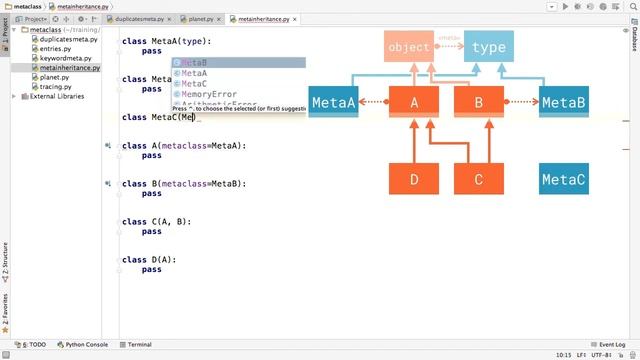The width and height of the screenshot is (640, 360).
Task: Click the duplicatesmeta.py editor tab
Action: (139, 18)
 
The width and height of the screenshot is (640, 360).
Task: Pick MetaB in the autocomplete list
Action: (194, 63)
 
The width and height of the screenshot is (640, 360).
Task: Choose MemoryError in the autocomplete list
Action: (209, 94)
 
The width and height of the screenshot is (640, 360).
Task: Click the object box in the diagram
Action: (409, 47)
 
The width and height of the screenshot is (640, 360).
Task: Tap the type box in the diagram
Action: (488, 47)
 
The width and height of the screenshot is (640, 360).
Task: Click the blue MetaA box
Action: (333, 102)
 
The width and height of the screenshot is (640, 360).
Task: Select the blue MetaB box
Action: (563, 102)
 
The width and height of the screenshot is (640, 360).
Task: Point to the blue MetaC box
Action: (563, 179)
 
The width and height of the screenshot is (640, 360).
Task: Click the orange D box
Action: (413, 179)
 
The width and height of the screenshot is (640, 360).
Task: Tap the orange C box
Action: (479, 179)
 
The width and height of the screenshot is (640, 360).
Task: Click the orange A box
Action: (413, 102)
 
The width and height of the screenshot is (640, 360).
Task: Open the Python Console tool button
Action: (82, 344)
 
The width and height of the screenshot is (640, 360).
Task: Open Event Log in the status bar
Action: (608, 344)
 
